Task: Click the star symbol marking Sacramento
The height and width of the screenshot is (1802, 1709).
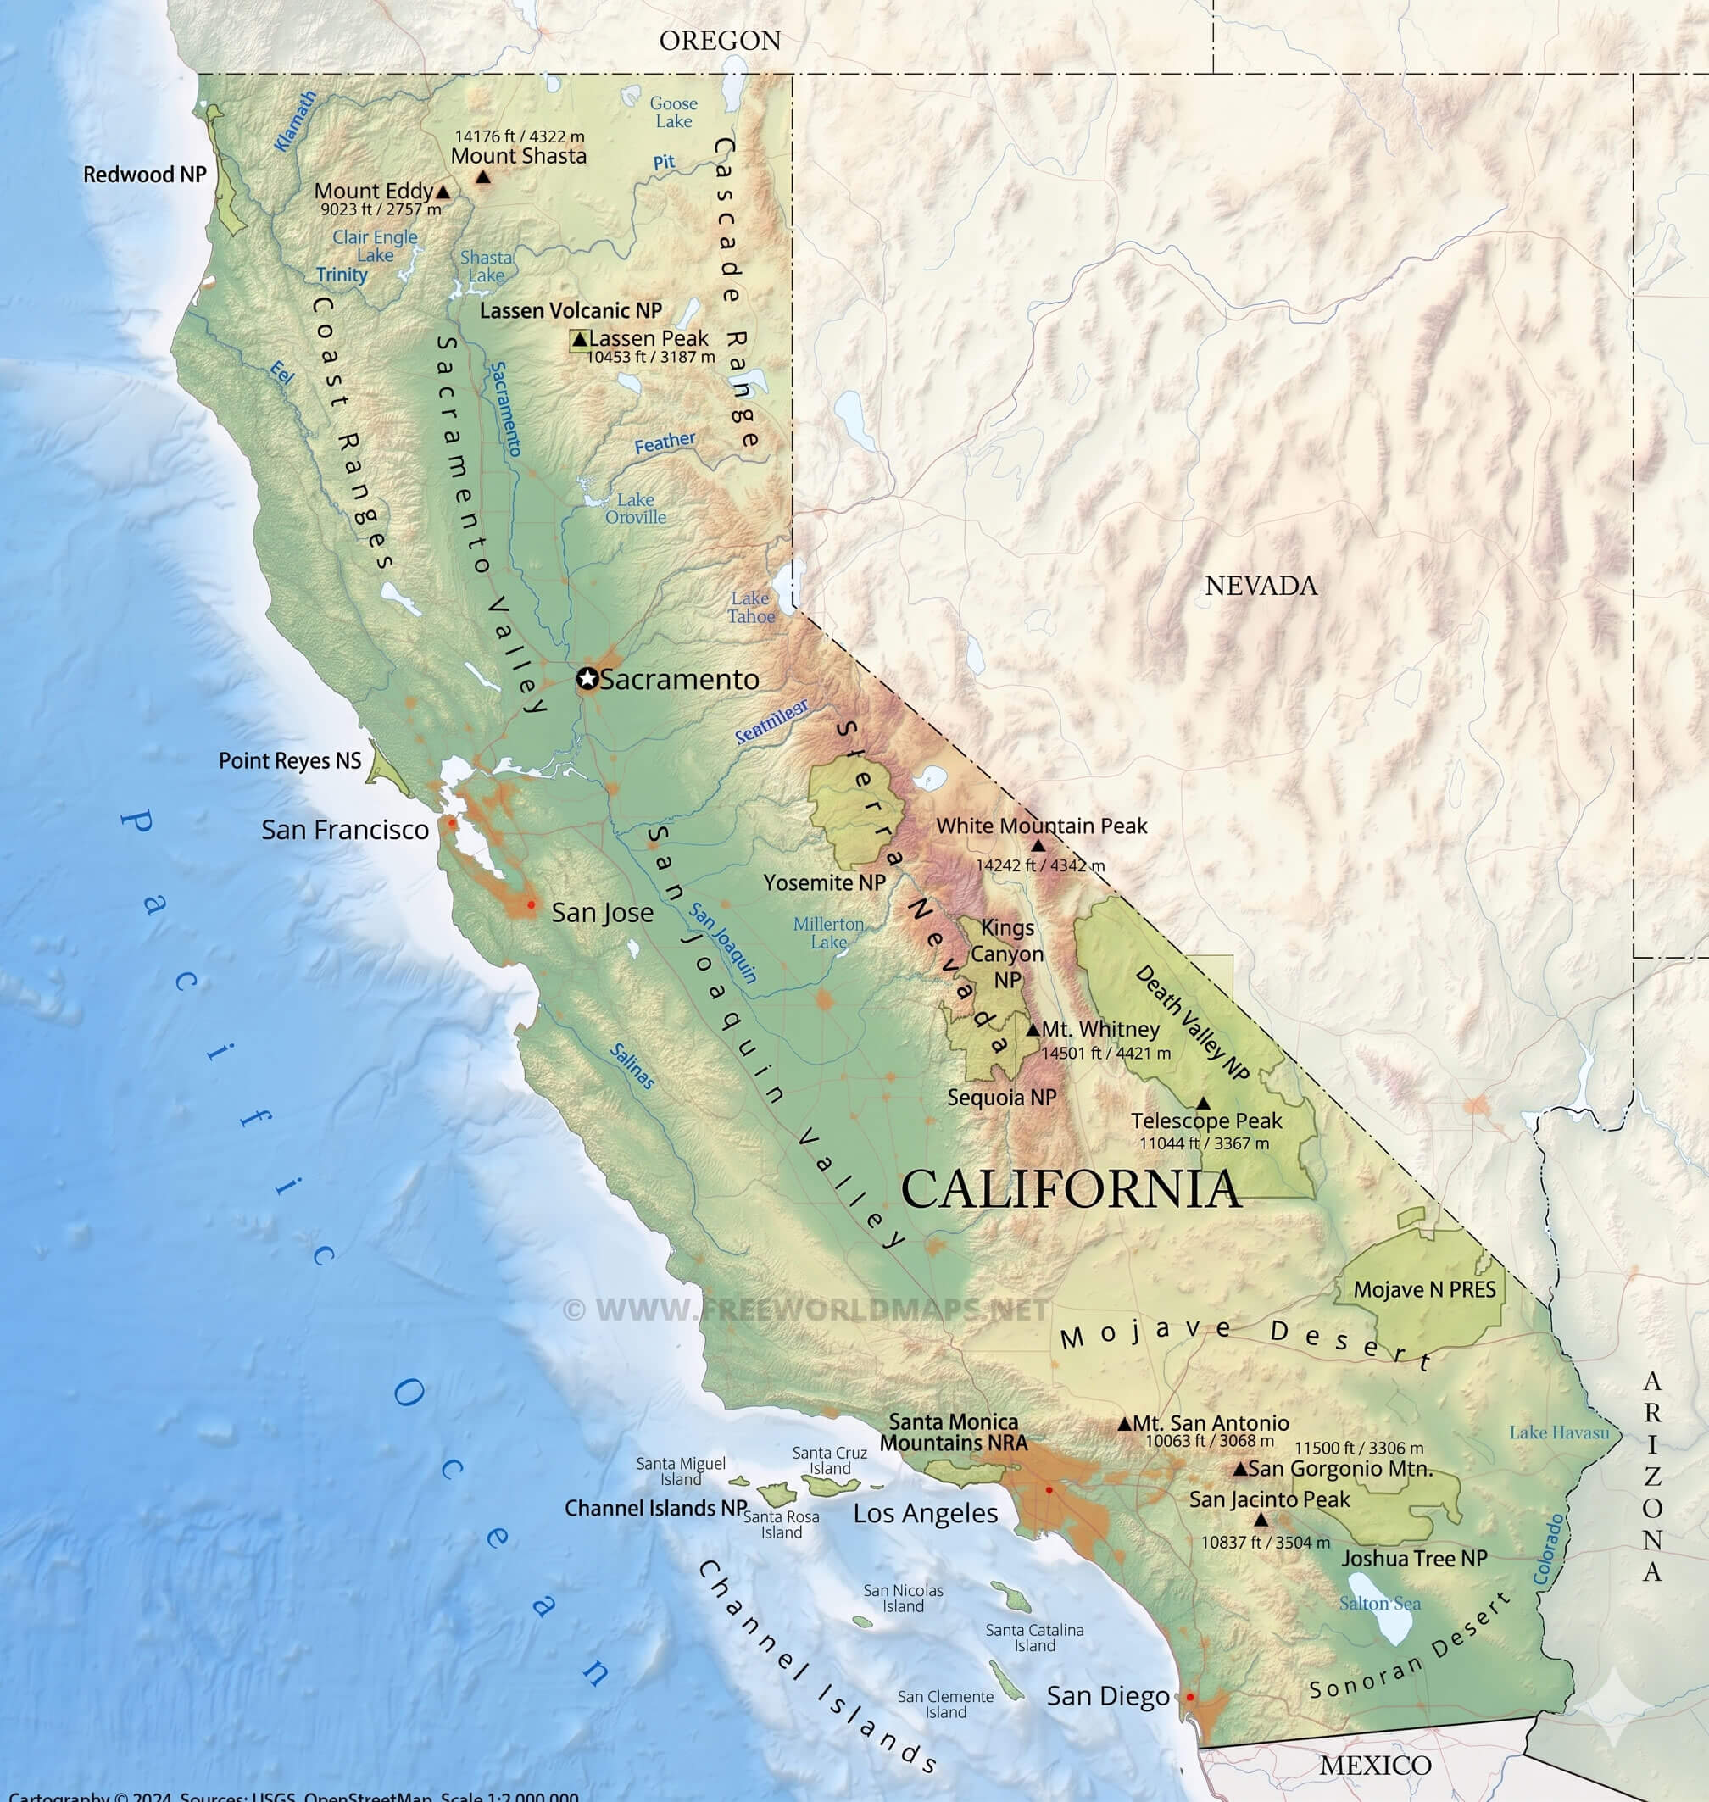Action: pos(587,679)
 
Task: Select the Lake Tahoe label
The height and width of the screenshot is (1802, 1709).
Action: pos(750,607)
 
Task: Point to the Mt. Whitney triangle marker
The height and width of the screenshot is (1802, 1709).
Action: pos(1033,1031)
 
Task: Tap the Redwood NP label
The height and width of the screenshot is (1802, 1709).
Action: pos(145,174)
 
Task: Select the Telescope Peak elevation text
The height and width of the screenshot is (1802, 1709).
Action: pos(1204,1143)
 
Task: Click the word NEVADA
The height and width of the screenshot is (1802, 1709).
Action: pos(1261,586)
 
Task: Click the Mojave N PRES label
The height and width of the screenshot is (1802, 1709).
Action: pos(1424,1289)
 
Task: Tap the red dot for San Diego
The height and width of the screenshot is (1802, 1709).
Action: pos(1189,1697)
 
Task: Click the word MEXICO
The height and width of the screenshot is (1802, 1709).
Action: pos(1375,1766)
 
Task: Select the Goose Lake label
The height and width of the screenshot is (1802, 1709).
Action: pos(673,112)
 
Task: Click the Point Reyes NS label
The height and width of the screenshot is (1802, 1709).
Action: pos(290,760)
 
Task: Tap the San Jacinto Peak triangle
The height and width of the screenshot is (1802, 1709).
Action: pos(1261,1520)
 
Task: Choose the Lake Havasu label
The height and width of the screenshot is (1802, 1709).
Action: pos(1559,1432)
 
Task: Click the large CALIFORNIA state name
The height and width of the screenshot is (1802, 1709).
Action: pos(1071,1190)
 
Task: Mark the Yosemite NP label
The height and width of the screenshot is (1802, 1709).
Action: pos(825,882)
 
